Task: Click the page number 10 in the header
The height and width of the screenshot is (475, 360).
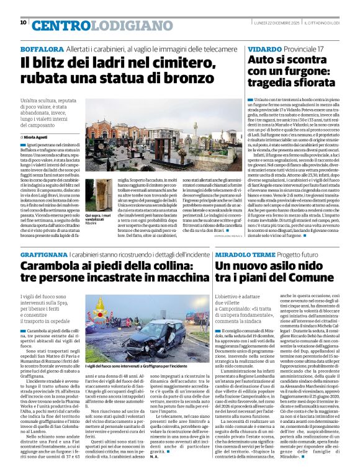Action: coord(23,22)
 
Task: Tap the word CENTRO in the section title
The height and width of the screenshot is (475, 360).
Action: coord(59,25)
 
